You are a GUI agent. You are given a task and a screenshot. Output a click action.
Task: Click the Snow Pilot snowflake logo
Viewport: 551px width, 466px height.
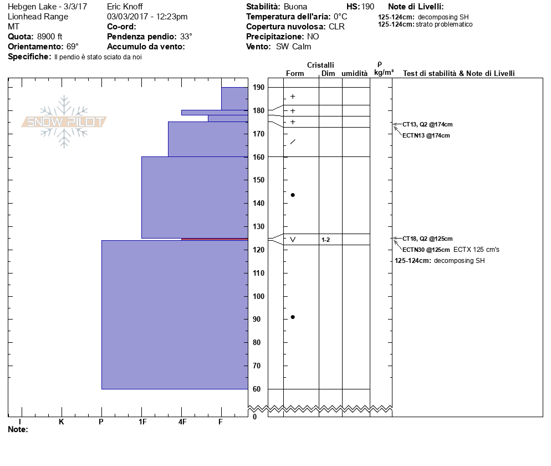(x=64, y=121)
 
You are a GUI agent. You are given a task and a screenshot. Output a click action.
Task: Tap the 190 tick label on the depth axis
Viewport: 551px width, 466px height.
(x=258, y=88)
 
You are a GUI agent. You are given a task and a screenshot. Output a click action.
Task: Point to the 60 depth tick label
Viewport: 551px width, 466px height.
(x=257, y=389)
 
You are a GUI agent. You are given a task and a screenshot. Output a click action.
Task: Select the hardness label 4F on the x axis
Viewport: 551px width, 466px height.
(x=182, y=422)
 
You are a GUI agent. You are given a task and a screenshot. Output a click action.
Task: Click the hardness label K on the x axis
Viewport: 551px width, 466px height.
(x=61, y=422)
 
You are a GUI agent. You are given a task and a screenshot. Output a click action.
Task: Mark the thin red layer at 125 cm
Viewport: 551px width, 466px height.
(x=215, y=239)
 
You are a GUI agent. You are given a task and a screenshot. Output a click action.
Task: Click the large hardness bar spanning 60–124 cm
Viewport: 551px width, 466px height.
(x=175, y=315)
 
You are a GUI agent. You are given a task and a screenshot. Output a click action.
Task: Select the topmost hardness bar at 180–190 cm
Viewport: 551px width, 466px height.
(x=234, y=99)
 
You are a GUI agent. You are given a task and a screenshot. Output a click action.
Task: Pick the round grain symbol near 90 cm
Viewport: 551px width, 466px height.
(x=293, y=317)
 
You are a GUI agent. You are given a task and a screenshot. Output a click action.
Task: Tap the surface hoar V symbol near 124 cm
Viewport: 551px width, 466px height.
(x=293, y=240)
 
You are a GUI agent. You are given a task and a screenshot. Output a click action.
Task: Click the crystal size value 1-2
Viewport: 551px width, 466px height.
(x=326, y=240)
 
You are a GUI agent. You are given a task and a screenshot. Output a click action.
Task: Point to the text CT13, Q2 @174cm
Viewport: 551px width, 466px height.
(x=427, y=124)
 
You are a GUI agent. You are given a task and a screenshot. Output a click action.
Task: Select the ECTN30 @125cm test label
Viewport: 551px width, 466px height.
(x=426, y=250)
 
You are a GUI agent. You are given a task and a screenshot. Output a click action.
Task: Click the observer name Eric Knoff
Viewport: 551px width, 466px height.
(x=125, y=6)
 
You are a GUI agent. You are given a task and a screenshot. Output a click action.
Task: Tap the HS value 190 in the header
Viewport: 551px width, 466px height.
(x=368, y=7)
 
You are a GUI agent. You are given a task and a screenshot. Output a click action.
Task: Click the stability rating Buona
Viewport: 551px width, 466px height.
(x=295, y=7)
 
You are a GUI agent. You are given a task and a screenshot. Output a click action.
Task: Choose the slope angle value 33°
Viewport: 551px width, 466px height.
(x=186, y=37)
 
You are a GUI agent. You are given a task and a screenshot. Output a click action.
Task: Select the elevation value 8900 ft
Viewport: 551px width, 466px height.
(x=49, y=37)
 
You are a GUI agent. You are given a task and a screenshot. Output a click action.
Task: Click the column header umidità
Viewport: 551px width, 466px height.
(x=354, y=73)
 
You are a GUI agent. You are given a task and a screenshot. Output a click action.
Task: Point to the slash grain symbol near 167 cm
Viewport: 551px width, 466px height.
(x=293, y=142)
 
